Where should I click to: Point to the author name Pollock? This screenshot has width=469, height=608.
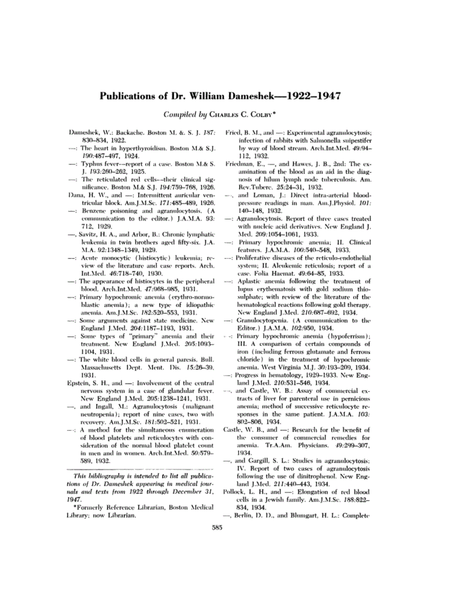click(x=236, y=492)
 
